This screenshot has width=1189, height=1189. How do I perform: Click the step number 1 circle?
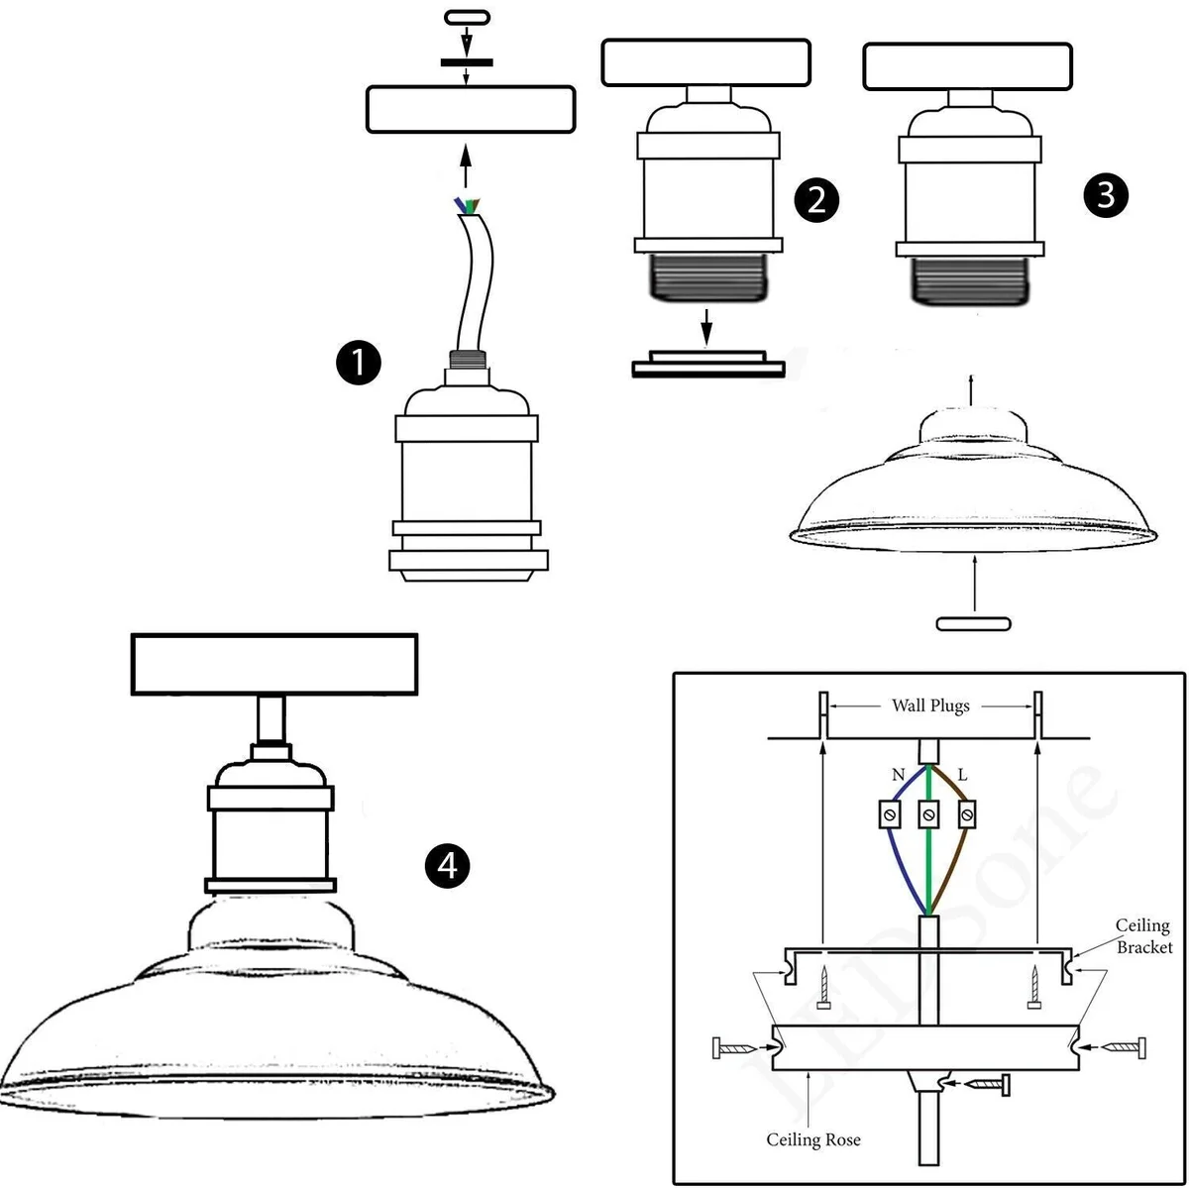(x=358, y=364)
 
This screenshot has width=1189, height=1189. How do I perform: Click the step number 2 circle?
(x=816, y=200)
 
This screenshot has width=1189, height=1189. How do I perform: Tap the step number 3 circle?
(x=1105, y=195)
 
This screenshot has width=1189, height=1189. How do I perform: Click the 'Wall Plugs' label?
(x=930, y=705)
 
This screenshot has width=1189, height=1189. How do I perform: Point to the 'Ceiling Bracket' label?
(x=1143, y=936)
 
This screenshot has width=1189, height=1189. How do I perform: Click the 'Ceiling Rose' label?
(x=812, y=1140)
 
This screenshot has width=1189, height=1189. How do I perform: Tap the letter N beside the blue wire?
(x=898, y=776)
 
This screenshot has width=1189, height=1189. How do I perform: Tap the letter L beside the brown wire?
(x=962, y=776)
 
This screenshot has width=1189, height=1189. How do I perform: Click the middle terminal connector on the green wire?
(x=928, y=814)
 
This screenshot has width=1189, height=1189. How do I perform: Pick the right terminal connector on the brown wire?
(x=967, y=814)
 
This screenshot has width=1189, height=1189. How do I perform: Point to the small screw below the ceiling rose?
(x=985, y=1085)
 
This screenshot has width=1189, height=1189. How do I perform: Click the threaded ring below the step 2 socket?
(x=708, y=364)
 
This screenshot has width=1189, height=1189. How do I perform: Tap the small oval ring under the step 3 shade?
(x=974, y=624)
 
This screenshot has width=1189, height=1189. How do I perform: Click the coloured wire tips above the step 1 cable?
(x=467, y=205)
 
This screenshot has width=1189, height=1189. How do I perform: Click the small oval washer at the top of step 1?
(x=467, y=17)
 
